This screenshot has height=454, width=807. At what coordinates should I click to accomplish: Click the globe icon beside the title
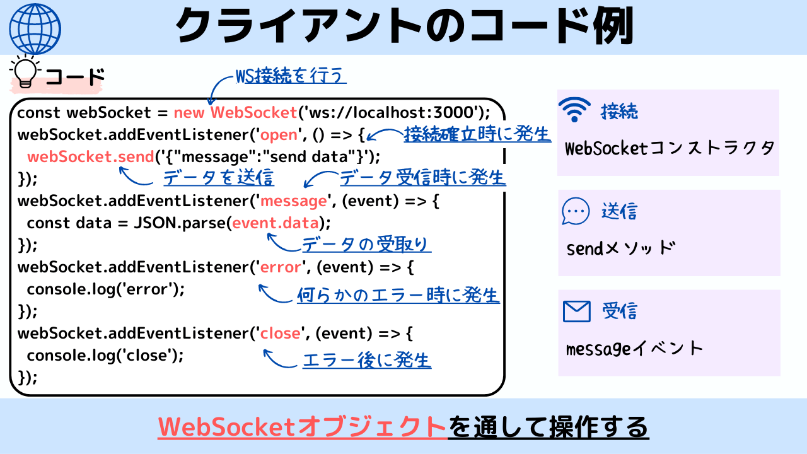35,29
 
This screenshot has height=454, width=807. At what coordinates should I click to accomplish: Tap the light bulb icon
25,71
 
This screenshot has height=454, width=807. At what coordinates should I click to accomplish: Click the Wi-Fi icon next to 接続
574,110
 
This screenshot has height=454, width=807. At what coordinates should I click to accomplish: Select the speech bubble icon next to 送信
576,211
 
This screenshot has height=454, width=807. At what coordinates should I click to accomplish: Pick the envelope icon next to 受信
576,311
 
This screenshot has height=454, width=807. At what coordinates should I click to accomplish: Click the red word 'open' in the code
279,135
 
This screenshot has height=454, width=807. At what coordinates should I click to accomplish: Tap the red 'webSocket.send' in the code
91,157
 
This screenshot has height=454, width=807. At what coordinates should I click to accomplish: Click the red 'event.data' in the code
276,223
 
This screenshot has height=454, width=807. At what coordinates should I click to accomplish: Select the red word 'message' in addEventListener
293,201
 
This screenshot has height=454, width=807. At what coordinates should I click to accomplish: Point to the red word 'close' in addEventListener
280,334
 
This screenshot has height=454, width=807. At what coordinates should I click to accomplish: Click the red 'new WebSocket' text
235,112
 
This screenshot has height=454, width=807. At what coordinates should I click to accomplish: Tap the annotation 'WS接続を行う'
291,75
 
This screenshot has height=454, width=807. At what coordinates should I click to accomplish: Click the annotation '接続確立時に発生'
477,134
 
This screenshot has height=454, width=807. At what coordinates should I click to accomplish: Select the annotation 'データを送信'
219,178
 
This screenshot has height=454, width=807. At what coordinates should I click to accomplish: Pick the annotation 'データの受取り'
366,244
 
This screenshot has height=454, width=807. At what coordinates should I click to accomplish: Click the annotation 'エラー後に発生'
367,360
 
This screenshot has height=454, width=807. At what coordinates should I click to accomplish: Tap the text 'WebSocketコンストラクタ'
670,148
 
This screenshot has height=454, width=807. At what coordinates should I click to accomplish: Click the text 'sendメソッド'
621,248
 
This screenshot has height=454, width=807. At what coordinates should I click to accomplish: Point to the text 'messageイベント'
634,349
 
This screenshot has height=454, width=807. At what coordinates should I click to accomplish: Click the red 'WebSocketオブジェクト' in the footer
303,427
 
